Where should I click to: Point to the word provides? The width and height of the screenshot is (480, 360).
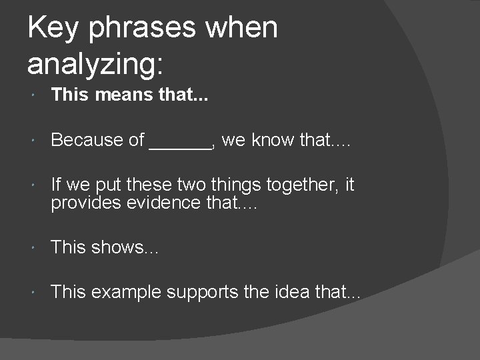point(83,203)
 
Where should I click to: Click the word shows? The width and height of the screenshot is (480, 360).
point(117,247)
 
